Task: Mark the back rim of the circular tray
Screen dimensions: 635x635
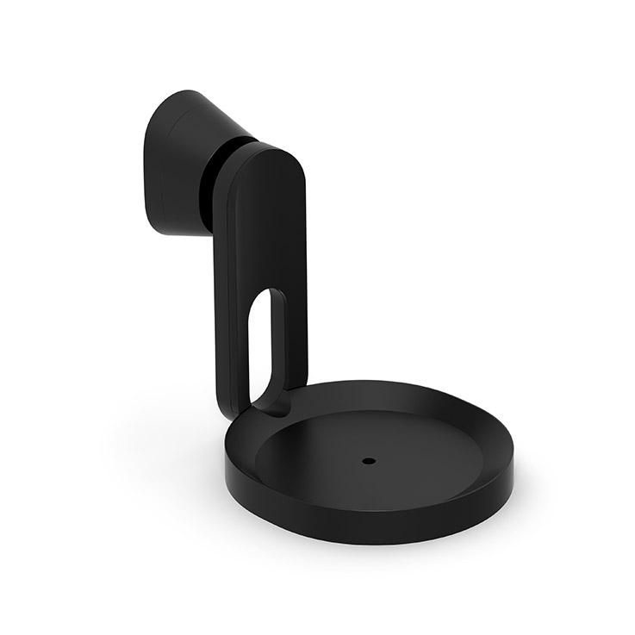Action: (379, 386)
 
